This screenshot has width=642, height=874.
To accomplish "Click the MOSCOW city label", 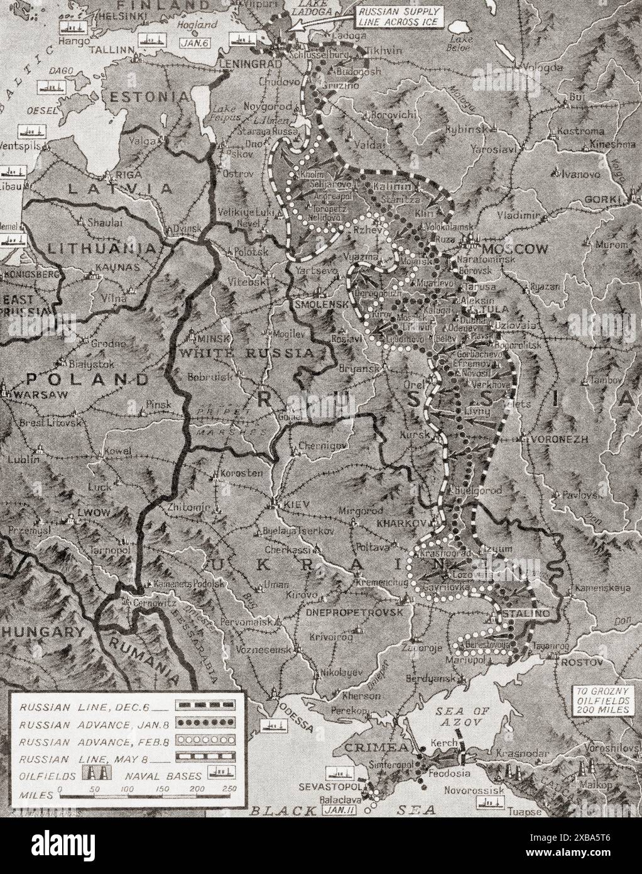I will tap(523, 250).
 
